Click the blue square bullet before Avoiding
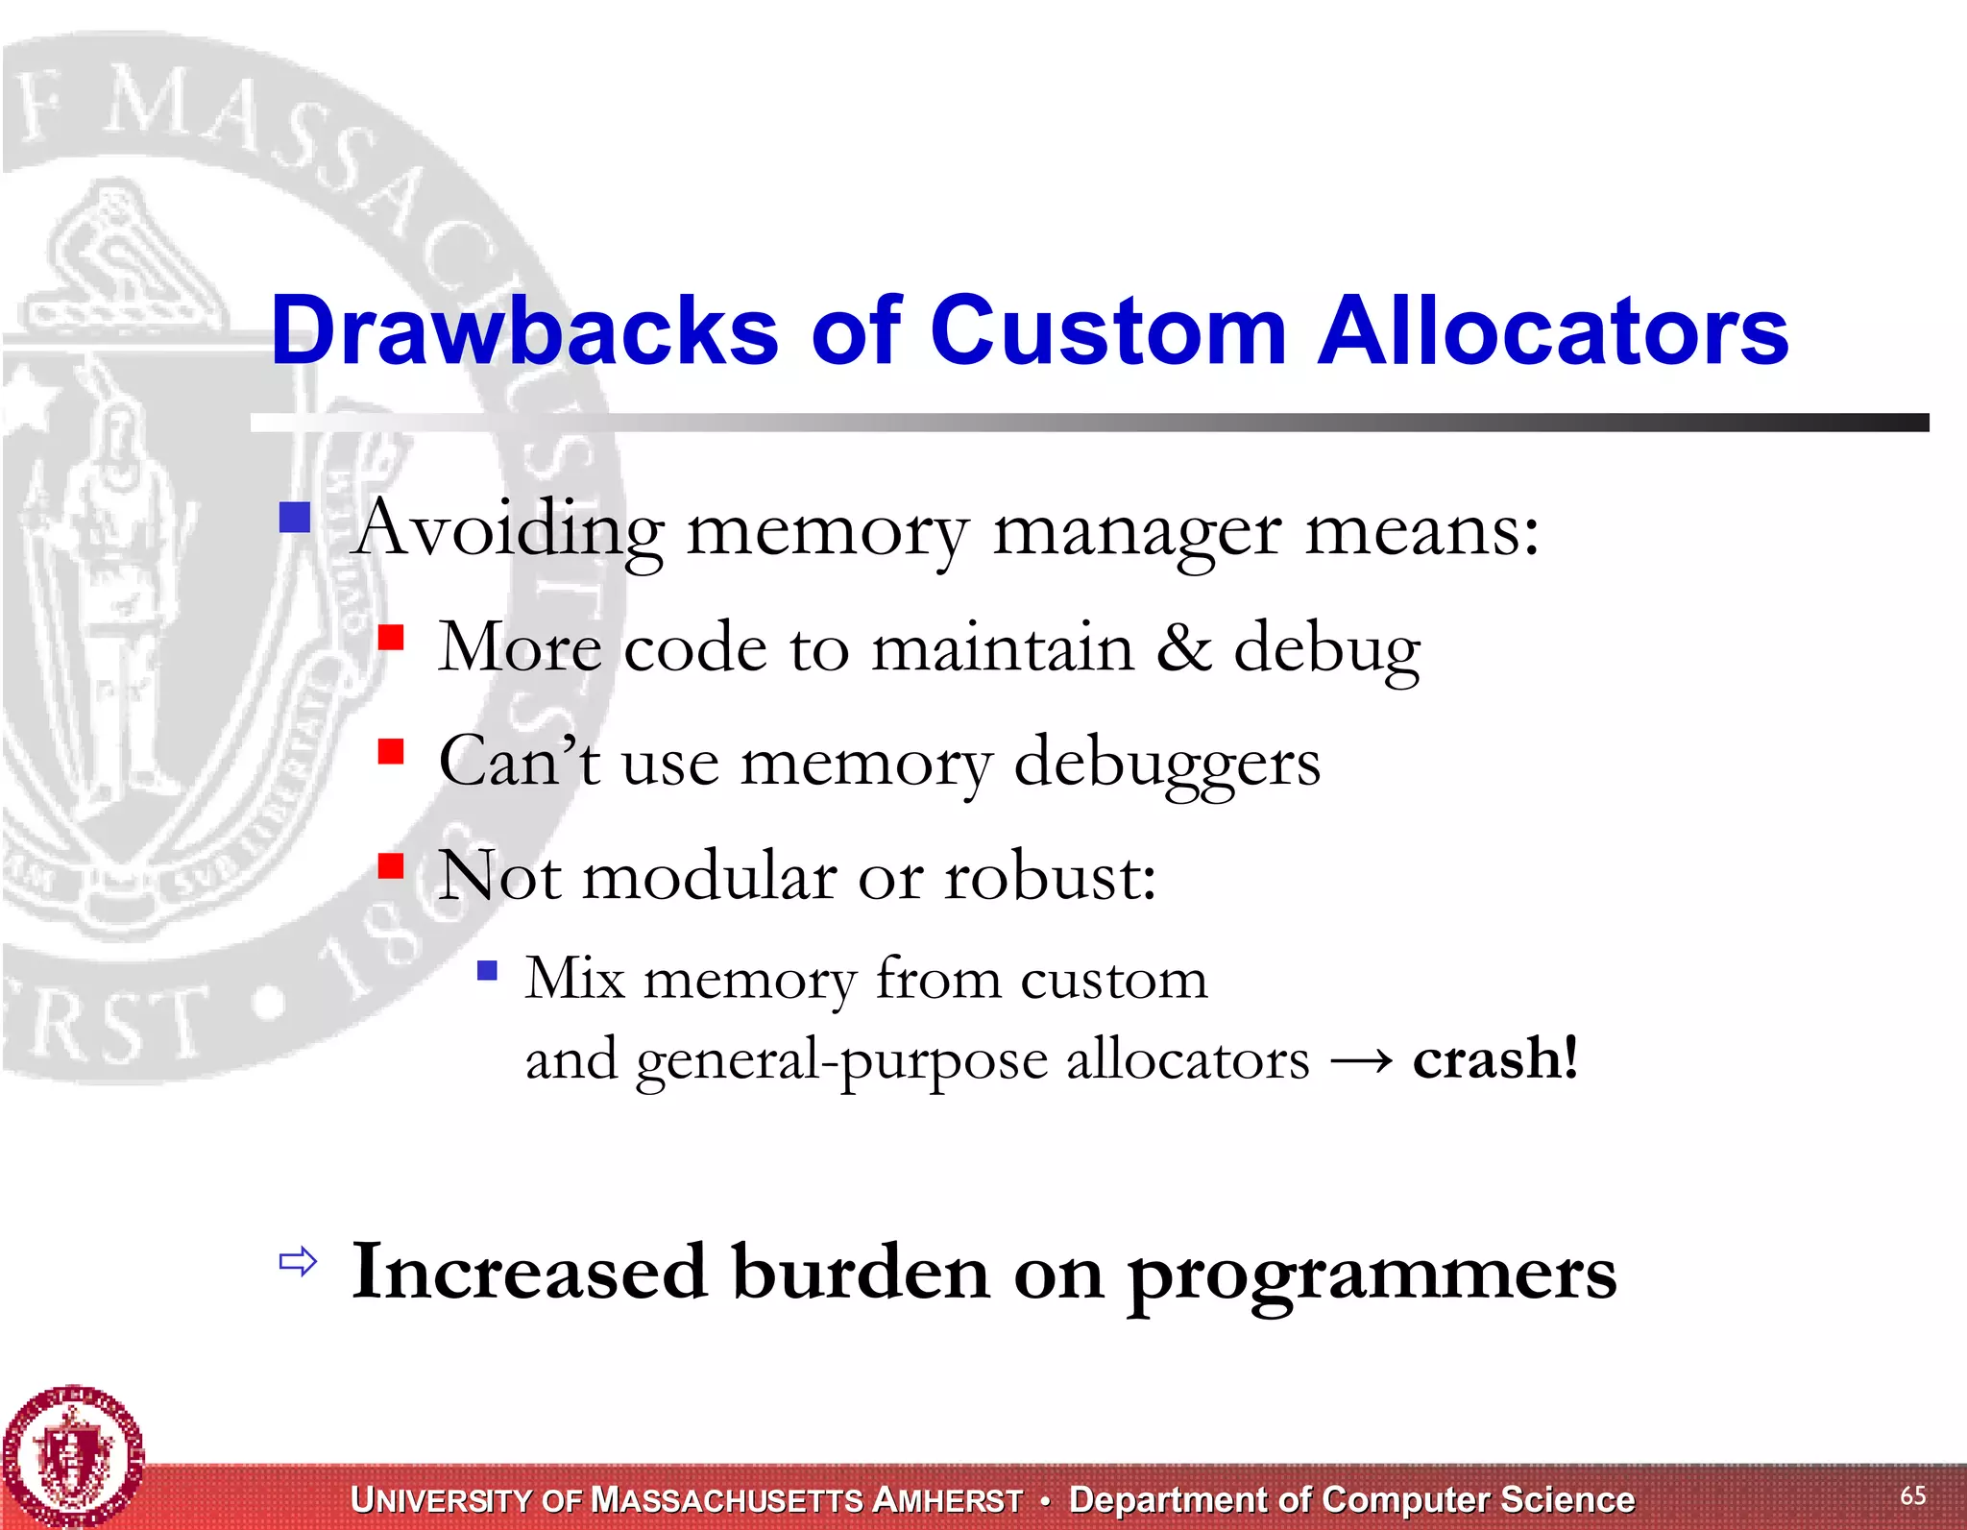coord(295,519)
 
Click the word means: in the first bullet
coord(1421,530)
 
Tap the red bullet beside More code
coord(391,637)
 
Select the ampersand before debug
coord(1183,647)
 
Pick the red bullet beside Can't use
coord(391,750)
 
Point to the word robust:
coord(1051,876)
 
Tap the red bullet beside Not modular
coord(391,865)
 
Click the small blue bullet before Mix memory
coord(488,970)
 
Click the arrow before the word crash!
coord(1361,1060)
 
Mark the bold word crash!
coord(1495,1058)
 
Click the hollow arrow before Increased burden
coord(298,1261)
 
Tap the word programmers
coord(1372,1274)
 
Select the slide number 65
coord(1912,1495)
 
